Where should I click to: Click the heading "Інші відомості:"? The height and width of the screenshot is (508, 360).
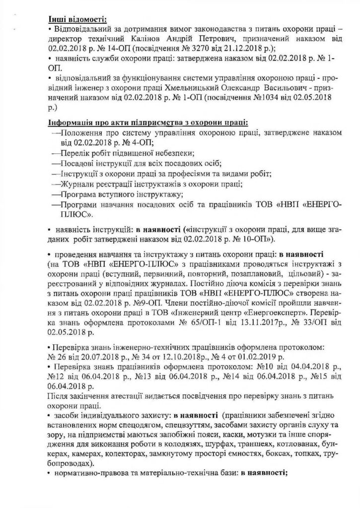tap(77, 19)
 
